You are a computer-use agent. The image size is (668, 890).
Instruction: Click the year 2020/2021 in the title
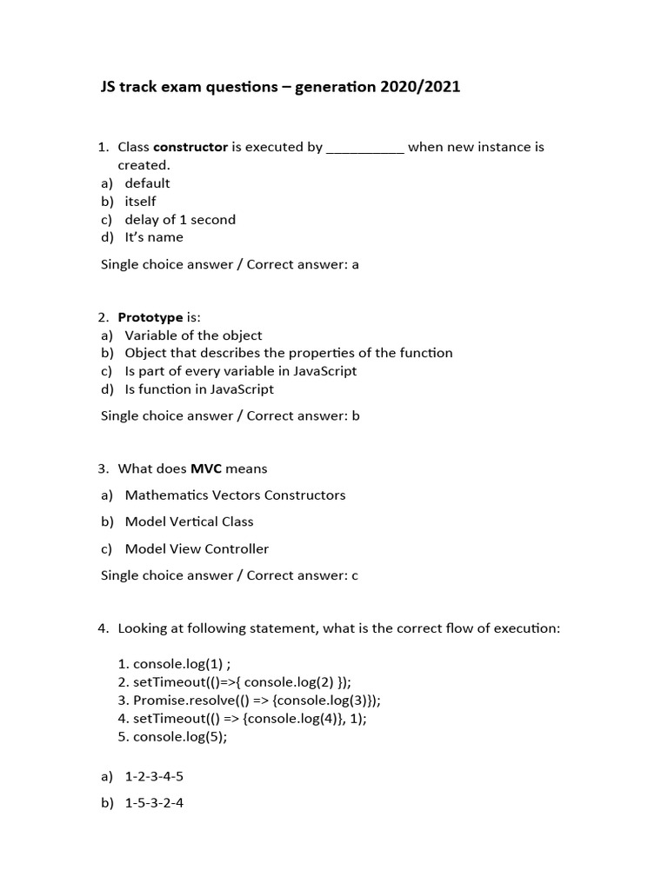click(419, 87)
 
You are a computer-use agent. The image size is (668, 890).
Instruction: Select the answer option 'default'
click(147, 183)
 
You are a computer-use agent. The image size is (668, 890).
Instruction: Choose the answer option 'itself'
click(140, 202)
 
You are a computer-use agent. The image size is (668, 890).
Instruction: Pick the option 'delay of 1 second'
click(180, 220)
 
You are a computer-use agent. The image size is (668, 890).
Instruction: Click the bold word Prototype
click(150, 317)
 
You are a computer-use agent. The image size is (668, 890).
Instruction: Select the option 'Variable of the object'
click(193, 335)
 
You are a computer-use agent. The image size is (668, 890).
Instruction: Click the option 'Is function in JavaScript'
click(199, 389)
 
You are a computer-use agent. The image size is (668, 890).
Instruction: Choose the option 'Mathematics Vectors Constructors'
click(235, 495)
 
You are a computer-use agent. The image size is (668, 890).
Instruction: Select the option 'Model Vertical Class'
click(189, 521)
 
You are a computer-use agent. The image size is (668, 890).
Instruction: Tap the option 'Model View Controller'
click(197, 548)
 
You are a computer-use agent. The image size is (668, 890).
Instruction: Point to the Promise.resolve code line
click(257, 701)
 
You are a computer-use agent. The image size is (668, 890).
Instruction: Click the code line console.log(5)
click(180, 737)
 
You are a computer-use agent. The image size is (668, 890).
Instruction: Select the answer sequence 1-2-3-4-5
click(154, 777)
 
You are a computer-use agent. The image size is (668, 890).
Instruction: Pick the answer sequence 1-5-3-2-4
click(154, 804)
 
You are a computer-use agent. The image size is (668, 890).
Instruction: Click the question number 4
click(103, 628)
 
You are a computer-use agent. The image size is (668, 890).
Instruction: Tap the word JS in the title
click(110, 87)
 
